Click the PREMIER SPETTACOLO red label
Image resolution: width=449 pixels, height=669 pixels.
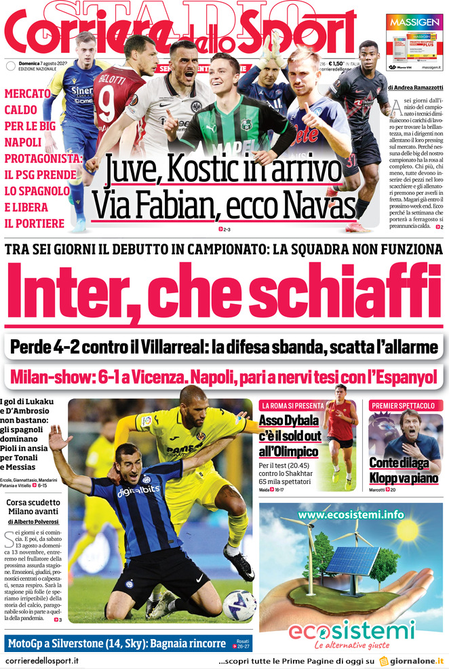403,405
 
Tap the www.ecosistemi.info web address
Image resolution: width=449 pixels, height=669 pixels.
350,514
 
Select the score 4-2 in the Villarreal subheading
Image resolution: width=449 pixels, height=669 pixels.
73,348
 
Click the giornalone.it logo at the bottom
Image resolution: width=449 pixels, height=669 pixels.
412,660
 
